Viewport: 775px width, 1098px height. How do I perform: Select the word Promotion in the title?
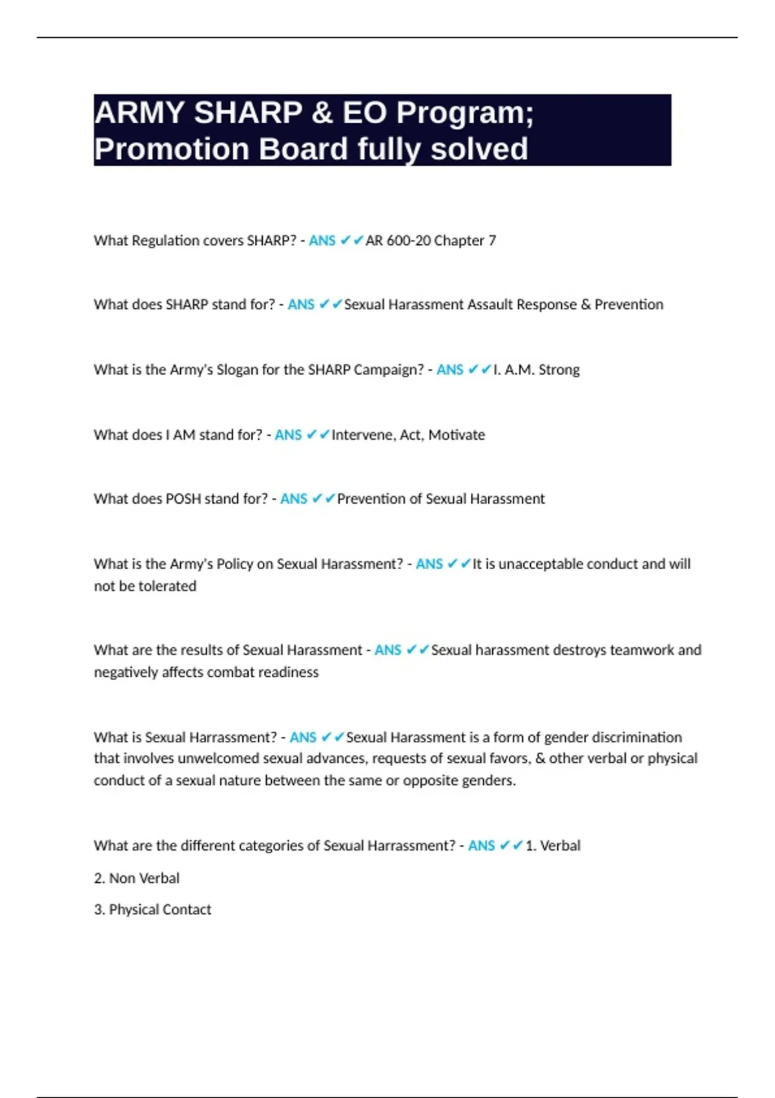coord(172,149)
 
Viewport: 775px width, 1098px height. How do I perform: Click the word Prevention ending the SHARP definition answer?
coord(628,305)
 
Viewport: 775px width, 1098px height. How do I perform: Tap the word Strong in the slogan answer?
coord(559,370)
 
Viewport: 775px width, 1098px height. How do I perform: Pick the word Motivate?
coord(457,435)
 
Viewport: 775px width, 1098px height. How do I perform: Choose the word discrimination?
coord(637,738)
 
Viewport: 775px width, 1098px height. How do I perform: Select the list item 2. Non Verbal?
coord(137,878)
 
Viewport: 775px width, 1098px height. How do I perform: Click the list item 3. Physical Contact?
coord(152,910)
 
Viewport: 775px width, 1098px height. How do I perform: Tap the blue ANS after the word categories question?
coord(481,846)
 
